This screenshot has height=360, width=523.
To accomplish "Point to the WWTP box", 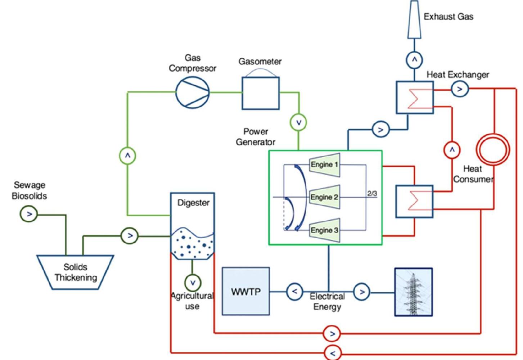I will pos(246,291).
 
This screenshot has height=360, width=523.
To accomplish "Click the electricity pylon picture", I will pos(413,292).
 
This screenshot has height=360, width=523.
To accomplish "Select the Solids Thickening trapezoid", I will pos(76,272).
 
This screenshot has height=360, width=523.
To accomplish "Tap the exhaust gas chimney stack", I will pos(414,20).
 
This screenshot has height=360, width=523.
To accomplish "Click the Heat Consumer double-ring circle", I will pos(493,149).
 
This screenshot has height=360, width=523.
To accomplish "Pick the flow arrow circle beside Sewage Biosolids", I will pos(29,214).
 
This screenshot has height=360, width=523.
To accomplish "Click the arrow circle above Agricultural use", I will pos(193,283).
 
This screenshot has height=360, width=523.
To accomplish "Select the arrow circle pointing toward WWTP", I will pos(295,291).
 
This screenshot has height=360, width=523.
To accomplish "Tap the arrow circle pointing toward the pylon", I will pos(362,292).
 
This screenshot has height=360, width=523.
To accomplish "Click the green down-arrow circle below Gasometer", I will pos(298,122).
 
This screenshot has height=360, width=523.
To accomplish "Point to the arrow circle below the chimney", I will pos(414,60).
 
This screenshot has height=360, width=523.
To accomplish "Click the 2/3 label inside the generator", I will pos(372,194).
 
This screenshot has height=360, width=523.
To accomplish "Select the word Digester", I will pos(193,203).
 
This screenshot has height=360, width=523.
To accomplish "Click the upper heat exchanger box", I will pos(415,98).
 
